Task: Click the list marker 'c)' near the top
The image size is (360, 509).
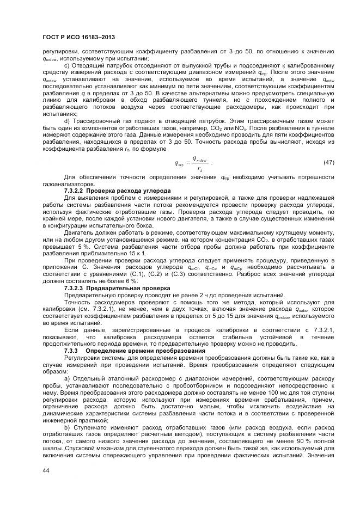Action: coord(67,65)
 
